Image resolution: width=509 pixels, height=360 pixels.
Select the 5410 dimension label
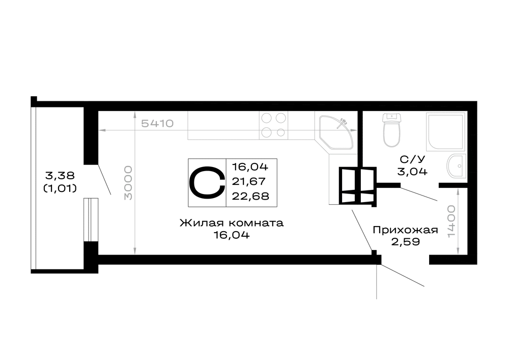pos(157,123)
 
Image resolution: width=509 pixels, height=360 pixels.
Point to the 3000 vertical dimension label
pos(129,183)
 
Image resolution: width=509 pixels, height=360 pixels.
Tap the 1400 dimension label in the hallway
pos(451,221)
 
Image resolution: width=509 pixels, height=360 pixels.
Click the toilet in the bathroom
pos(392,130)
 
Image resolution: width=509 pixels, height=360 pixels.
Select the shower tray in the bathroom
pos(445,132)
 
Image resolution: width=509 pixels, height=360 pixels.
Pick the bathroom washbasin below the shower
pos(456,166)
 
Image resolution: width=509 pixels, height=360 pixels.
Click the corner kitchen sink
pos(334,132)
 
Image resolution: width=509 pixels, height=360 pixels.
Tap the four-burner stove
pos(273,125)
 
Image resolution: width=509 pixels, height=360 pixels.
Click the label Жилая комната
pos(232,223)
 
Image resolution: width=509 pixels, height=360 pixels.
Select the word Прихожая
pos(405,230)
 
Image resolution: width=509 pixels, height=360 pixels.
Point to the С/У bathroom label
pos(412,159)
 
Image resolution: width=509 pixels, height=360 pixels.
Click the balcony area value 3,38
pos(60,176)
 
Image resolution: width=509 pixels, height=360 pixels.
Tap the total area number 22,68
pos(250,196)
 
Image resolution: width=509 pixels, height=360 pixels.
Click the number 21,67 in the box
pos(249,181)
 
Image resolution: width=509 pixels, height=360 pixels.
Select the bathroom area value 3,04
pos(412,172)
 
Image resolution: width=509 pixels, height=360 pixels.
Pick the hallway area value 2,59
pos(406,242)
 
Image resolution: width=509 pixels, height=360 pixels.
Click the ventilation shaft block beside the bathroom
pos(357,186)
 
